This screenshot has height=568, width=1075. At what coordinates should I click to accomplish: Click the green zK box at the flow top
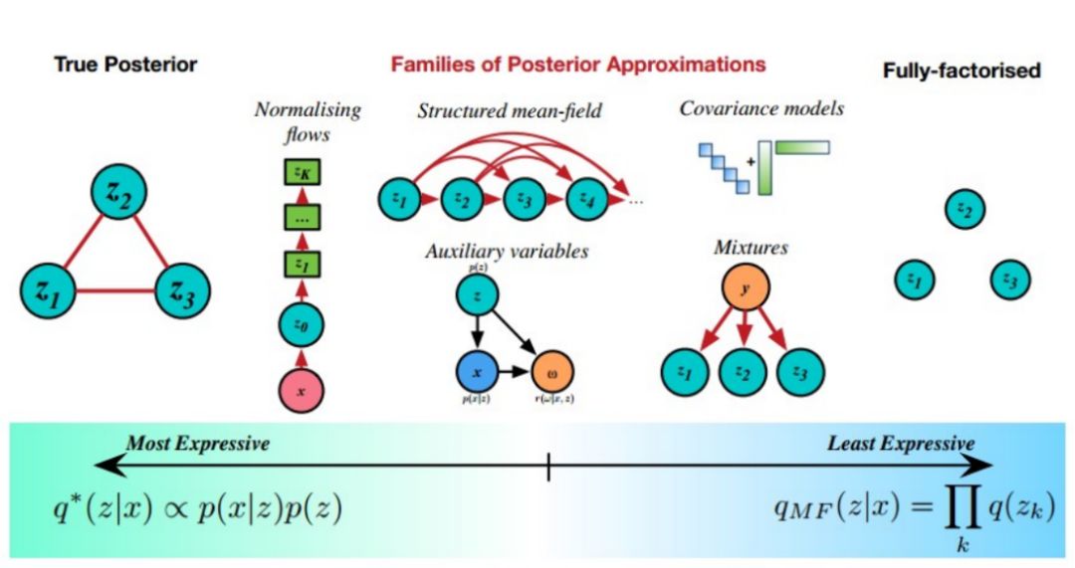pyautogui.click(x=302, y=173)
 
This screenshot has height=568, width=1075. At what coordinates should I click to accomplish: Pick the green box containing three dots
pyautogui.click(x=302, y=218)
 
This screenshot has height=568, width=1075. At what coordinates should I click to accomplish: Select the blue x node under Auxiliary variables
pyautogui.click(x=478, y=371)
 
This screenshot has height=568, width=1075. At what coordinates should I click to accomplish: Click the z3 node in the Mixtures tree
pyautogui.click(x=801, y=371)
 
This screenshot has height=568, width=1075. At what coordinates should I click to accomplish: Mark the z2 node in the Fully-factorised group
pyautogui.click(x=963, y=209)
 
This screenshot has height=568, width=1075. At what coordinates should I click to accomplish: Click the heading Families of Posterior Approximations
pyautogui.click(x=578, y=65)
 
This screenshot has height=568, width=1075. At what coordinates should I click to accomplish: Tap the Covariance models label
pyautogui.click(x=761, y=108)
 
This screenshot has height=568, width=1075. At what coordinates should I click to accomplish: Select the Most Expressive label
pyautogui.click(x=197, y=444)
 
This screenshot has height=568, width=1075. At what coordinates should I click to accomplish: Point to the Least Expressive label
pyautogui.click(x=901, y=444)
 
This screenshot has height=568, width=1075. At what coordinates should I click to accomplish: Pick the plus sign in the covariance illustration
pyautogui.click(x=750, y=162)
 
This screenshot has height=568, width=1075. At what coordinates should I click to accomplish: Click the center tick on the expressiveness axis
pyautogui.click(x=548, y=466)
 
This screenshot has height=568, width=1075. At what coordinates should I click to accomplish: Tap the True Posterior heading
pyautogui.click(x=124, y=66)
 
